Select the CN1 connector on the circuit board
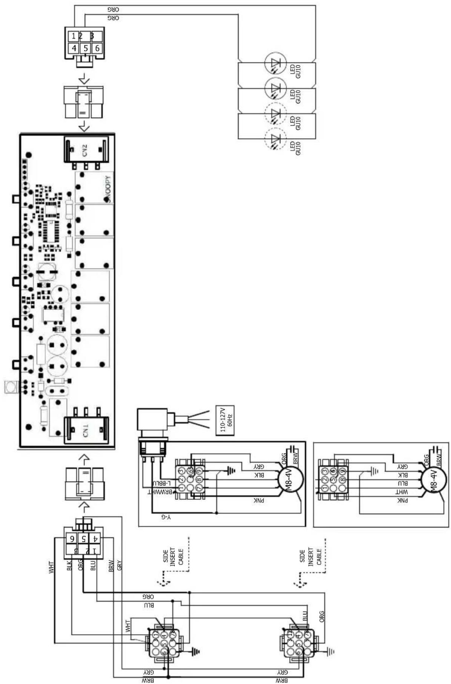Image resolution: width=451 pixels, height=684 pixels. [86, 430]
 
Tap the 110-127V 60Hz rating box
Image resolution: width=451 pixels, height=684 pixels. [225, 421]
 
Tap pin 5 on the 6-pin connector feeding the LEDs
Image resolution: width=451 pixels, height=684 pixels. [86, 48]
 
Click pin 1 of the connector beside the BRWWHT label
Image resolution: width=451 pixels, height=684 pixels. [181, 488]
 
